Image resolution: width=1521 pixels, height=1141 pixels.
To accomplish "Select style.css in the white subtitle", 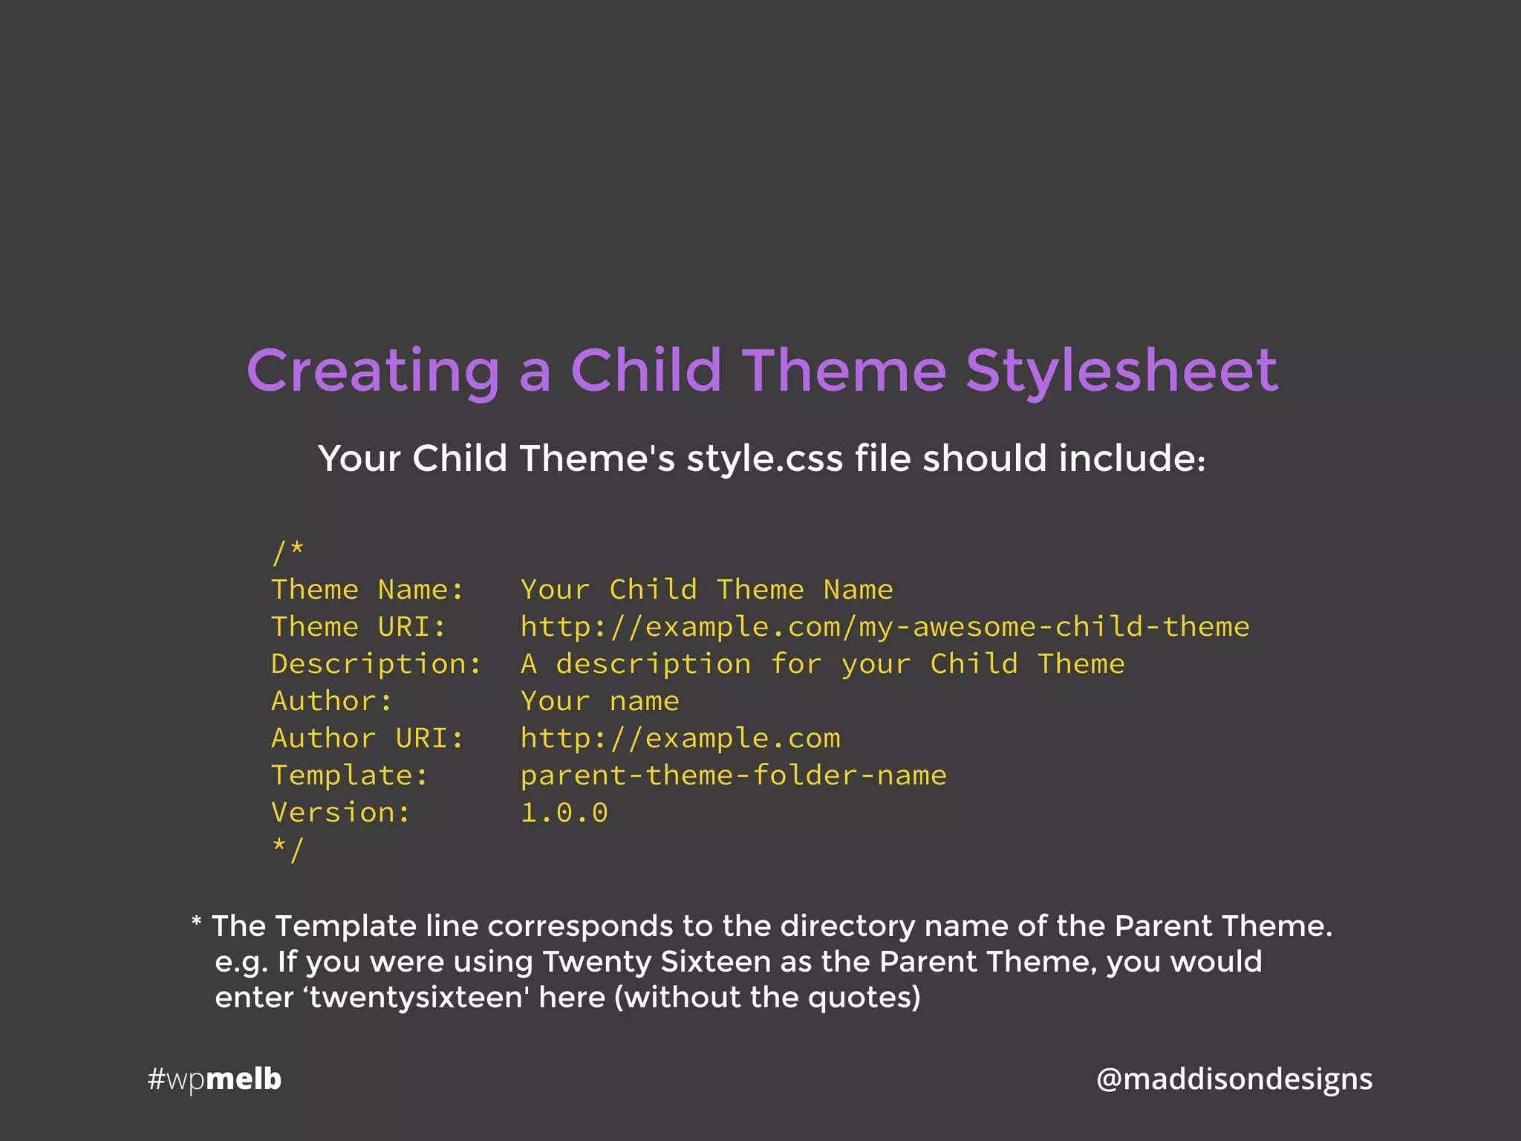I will [x=764, y=458].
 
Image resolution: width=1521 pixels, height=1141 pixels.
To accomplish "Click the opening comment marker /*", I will [x=288, y=552].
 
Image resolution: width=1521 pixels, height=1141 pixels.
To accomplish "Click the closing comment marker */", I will [x=288, y=849].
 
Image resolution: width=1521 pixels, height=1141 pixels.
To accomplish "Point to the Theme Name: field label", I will [x=368, y=590].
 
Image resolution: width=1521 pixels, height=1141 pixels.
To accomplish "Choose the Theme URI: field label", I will [x=359, y=627].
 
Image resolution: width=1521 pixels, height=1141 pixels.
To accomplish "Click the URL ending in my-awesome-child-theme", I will [x=885, y=627].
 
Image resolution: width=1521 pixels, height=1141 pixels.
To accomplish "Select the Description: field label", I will [x=377, y=664].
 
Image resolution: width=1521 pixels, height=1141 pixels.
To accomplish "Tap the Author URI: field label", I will [x=368, y=738].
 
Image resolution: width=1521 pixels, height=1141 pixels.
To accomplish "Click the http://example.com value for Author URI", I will [x=680, y=738].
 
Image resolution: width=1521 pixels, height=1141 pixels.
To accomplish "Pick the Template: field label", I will [x=350, y=776].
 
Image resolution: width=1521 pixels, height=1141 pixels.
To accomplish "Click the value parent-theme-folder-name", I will [x=733, y=776].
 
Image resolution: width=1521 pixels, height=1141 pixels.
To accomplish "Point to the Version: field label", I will [x=341, y=813].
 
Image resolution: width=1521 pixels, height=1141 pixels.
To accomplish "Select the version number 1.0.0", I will [x=564, y=813].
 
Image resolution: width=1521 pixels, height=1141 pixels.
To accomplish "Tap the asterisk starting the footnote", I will [x=196, y=923].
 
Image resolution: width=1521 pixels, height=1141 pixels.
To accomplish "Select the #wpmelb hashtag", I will [x=215, y=1079].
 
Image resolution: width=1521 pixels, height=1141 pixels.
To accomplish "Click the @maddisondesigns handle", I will [x=1234, y=1079].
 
